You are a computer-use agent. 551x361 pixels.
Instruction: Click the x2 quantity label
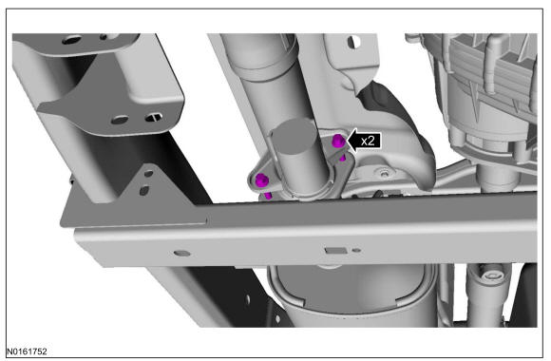coord(368,141)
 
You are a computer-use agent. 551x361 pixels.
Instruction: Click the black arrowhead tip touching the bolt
coord(347,141)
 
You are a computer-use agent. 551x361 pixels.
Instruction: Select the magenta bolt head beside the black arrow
coord(338,141)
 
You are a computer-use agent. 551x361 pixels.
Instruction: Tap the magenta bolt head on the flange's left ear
coord(262,180)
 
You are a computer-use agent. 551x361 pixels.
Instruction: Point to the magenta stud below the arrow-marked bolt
coord(342,158)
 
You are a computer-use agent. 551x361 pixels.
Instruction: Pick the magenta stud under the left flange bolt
coord(268,195)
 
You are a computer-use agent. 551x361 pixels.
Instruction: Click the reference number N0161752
coord(27,351)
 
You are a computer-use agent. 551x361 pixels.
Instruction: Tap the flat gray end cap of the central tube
coord(294,137)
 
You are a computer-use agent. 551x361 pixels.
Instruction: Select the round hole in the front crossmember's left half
coord(182,253)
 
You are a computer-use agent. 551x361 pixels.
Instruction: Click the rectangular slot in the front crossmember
coord(334,251)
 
